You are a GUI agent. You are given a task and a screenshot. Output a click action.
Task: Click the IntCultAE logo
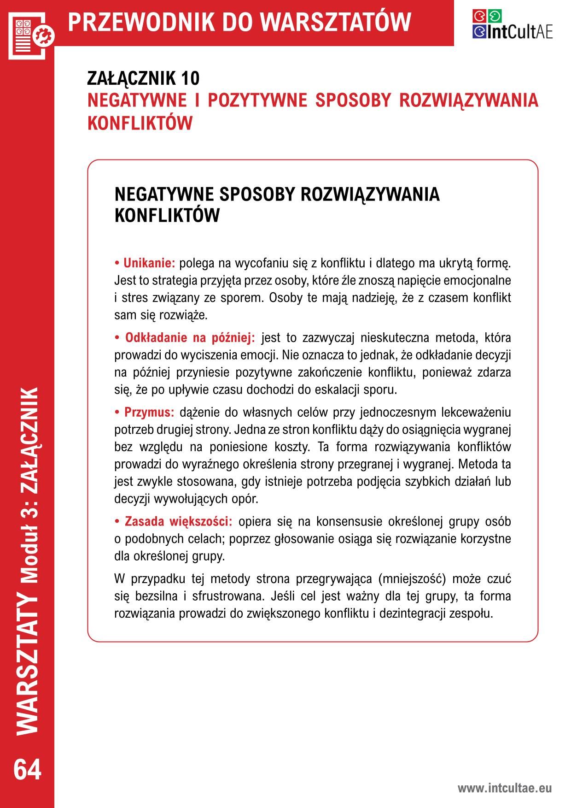pyautogui.click(x=512, y=24)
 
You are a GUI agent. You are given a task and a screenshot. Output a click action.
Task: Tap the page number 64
pyautogui.click(x=27, y=769)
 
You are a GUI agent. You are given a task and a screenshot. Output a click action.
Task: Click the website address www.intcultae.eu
pyautogui.click(x=504, y=788)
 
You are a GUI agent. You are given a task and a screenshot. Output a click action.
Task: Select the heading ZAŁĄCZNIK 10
pyautogui.click(x=143, y=79)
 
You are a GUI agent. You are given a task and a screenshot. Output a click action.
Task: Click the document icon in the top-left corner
pyautogui.click(x=30, y=35)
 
